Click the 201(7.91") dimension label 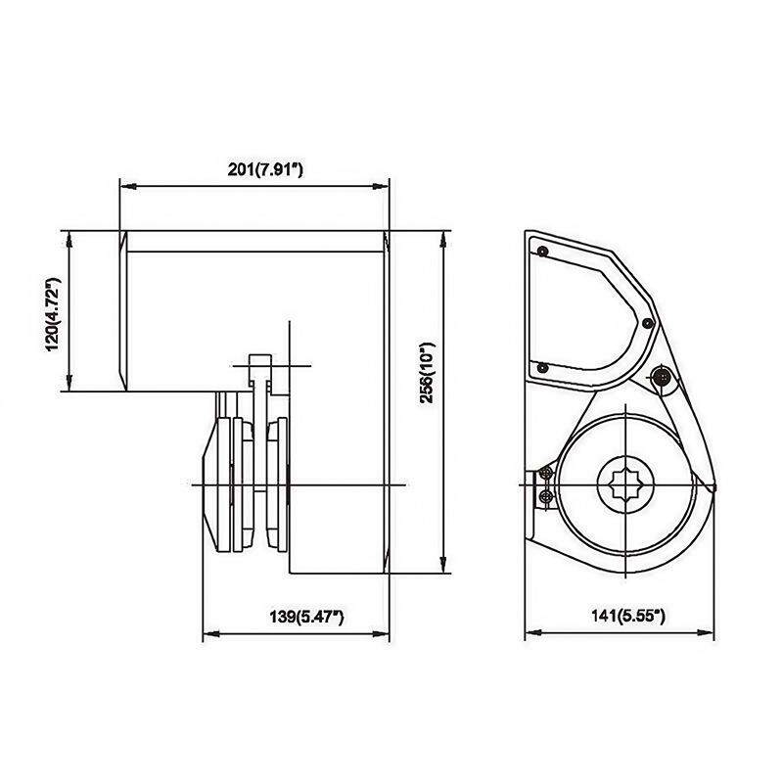265,169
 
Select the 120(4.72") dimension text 53,314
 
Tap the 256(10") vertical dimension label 427,373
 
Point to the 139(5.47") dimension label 306,617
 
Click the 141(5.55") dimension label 628,616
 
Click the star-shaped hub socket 625,484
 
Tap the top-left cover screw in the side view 543,251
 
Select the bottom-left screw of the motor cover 543,368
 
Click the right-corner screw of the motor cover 647,323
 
